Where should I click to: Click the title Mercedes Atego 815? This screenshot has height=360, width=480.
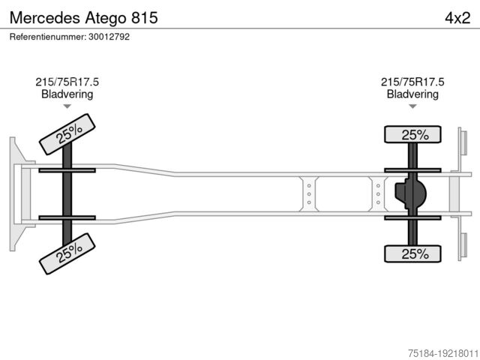pyautogui.click(x=83, y=18)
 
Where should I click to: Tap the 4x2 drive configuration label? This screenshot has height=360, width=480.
pyautogui.click(x=457, y=18)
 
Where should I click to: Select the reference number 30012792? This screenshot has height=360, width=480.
pyautogui.click(x=109, y=37)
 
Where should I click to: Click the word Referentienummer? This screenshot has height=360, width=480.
pyautogui.click(x=47, y=37)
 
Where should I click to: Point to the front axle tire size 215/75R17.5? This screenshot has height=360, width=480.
pyautogui.click(x=67, y=82)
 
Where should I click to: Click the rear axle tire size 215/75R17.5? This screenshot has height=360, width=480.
pyautogui.click(x=412, y=82)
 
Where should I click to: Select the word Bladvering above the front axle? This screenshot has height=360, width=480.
pyautogui.click(x=67, y=94)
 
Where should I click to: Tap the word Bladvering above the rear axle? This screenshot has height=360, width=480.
pyautogui.click(x=412, y=94)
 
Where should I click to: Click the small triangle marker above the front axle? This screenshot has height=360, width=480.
pyautogui.click(x=67, y=106)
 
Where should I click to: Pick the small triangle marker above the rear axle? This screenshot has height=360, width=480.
pyautogui.click(x=412, y=106)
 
